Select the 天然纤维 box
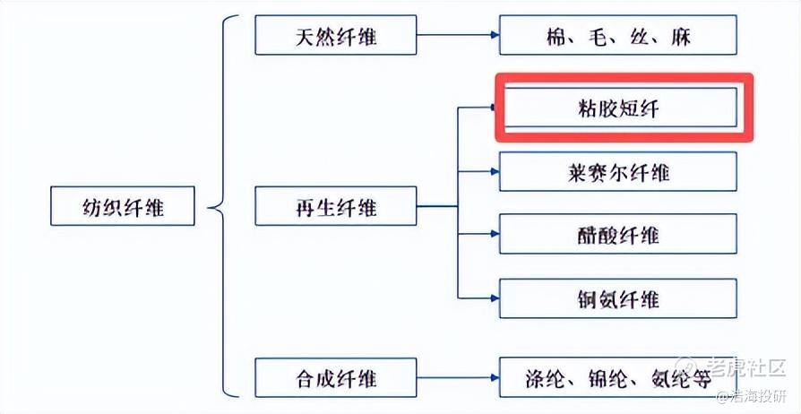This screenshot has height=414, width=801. click(336, 35)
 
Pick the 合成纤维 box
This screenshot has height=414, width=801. click(336, 378)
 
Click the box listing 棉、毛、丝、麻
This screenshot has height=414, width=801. click(618, 36)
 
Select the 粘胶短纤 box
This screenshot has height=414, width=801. click(618, 107)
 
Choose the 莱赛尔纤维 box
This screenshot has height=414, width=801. click(618, 171)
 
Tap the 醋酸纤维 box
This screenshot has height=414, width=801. click(618, 235)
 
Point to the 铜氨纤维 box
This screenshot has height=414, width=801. click(618, 298)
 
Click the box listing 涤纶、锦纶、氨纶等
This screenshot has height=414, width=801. click(618, 378)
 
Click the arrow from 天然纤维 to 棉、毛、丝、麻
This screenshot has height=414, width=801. click(458, 36)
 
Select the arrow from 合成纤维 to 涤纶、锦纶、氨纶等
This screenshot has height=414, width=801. click(458, 378)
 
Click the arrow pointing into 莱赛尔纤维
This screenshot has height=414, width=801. click(478, 171)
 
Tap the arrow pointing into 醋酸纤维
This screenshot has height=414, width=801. click(478, 235)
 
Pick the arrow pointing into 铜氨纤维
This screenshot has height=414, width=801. click(478, 298)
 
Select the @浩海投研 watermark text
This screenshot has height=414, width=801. click(751, 397)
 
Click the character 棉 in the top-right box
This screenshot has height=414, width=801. click(557, 37)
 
